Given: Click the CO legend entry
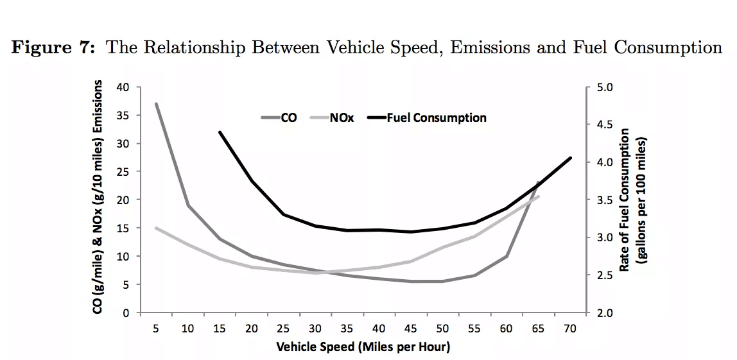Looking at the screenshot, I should click(x=288, y=118).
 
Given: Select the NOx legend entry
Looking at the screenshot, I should click(x=342, y=118).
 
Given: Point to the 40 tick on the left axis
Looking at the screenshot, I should click(x=122, y=87).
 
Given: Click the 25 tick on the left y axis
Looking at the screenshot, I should click(x=122, y=172).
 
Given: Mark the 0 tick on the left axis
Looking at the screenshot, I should click(x=126, y=313).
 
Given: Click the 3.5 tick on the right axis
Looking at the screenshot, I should click(x=605, y=200).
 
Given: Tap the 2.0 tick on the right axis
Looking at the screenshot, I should click(x=605, y=313).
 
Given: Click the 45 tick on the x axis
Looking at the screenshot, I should click(x=411, y=329).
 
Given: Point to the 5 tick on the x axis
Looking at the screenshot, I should click(x=156, y=329).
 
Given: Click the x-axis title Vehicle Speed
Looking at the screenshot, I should click(x=363, y=347).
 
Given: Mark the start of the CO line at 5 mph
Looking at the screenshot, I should click(x=156, y=104).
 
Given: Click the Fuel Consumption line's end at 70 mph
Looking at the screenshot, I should click(x=570, y=158).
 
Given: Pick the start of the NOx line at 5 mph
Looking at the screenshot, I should click(x=156, y=228).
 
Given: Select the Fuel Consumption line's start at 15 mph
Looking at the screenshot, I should click(x=220, y=132).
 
